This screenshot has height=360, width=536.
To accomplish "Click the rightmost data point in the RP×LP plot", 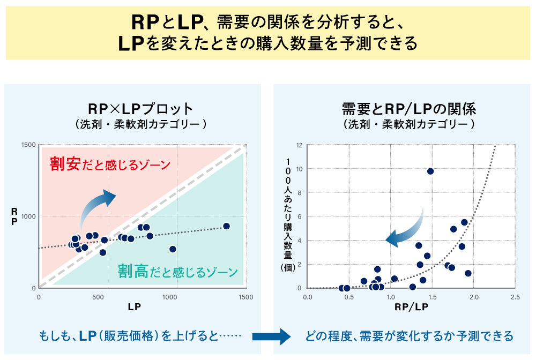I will [226, 226].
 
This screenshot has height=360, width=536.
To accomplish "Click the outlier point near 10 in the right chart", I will [430, 171].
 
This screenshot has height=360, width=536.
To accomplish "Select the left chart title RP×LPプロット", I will [141, 109].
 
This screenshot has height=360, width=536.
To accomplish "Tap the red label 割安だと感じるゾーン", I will [109, 163].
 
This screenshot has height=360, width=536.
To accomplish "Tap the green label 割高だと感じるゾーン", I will [177, 271].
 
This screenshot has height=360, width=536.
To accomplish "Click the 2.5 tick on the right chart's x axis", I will [515, 296].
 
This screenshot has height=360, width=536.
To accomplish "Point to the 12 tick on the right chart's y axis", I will [300, 145].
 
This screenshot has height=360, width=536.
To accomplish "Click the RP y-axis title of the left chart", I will [14, 217].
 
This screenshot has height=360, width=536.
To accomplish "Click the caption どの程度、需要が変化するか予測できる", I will [409, 336].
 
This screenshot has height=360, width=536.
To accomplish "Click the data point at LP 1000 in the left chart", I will [173, 249].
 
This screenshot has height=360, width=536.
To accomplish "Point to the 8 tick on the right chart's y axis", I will [300, 193].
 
